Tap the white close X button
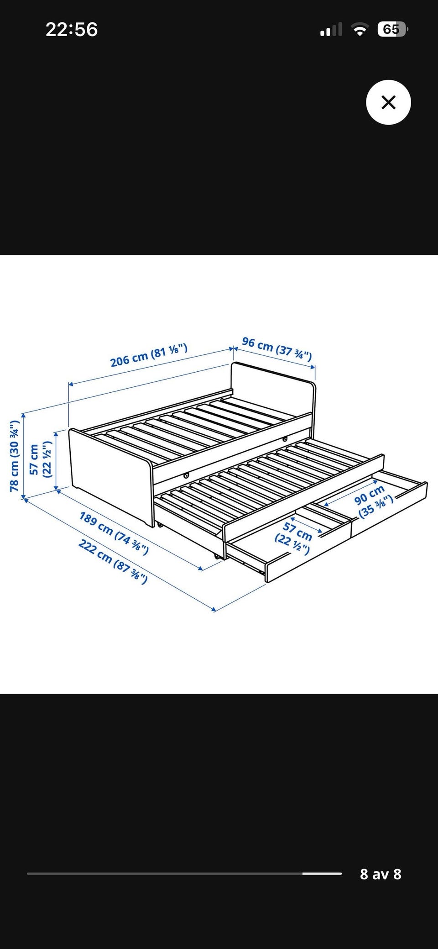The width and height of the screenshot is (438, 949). [388, 102]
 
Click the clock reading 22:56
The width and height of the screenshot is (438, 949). [72, 30]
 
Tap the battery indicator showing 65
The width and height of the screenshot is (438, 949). [392, 30]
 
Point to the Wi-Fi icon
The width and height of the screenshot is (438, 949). [360, 30]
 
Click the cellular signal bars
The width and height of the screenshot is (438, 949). [331, 30]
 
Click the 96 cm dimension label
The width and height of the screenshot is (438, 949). [277, 348]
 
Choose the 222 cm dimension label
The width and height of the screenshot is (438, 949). [113, 561]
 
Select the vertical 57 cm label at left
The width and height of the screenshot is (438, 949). [40, 459]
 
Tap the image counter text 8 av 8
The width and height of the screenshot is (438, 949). [381, 874]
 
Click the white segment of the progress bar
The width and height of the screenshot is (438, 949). [322, 874]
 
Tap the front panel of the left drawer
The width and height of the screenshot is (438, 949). [308, 552]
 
